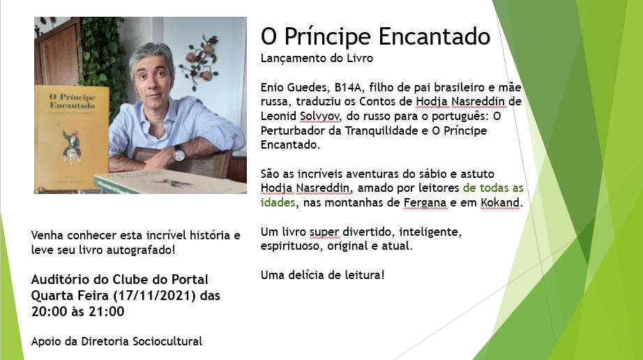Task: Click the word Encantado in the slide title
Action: (434, 36)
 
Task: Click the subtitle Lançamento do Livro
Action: (317, 58)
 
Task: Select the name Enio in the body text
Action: (273, 87)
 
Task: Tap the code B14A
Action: (348, 87)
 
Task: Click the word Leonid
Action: (278, 116)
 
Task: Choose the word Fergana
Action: (425, 203)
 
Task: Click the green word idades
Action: (278, 202)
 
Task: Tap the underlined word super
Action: (324, 232)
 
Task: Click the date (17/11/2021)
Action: (154, 296)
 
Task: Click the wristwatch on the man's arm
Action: (179, 153)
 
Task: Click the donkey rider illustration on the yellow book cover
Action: (72, 147)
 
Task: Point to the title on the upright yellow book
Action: (72, 101)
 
